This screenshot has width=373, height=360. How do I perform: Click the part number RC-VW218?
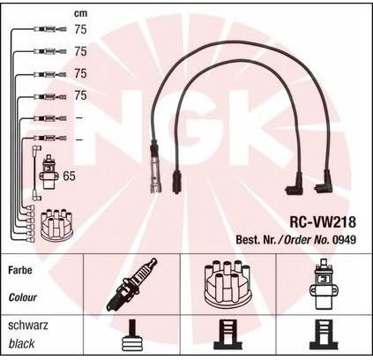(x=323, y=221)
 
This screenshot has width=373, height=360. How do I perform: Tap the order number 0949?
(x=344, y=240)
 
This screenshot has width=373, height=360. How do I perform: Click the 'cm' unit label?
(x=80, y=13)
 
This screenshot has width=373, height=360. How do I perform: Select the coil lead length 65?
(x=69, y=176)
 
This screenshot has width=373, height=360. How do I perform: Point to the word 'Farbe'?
(x=20, y=270)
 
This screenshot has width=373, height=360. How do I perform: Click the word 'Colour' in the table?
(x=23, y=297)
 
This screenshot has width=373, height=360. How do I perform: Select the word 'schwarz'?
(x=28, y=326)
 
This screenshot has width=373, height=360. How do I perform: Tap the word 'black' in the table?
(x=21, y=343)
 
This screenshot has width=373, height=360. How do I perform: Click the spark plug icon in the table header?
(x=131, y=284)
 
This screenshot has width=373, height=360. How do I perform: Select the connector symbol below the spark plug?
(x=132, y=335)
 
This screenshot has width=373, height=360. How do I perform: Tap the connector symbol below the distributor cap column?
(x=228, y=335)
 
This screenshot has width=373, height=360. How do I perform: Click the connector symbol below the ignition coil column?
(x=324, y=335)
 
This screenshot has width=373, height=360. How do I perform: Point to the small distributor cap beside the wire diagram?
(x=56, y=225)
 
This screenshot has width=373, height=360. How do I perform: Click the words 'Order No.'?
(x=306, y=240)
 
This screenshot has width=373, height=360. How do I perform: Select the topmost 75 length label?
(x=80, y=29)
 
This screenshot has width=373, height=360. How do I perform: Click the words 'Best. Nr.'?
(x=256, y=240)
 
